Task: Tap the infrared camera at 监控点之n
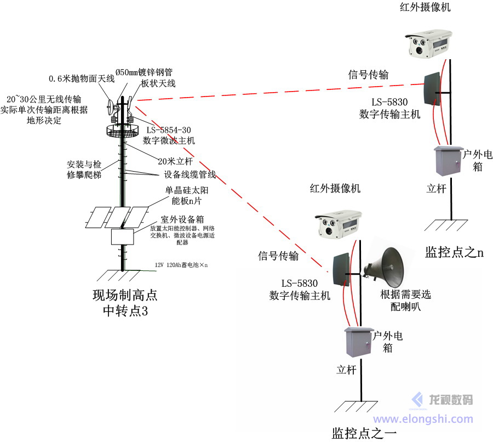431,43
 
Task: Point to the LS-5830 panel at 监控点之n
431,88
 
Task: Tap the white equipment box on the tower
123,236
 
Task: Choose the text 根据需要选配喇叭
405,300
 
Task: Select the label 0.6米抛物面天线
82,78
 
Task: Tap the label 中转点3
125,311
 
